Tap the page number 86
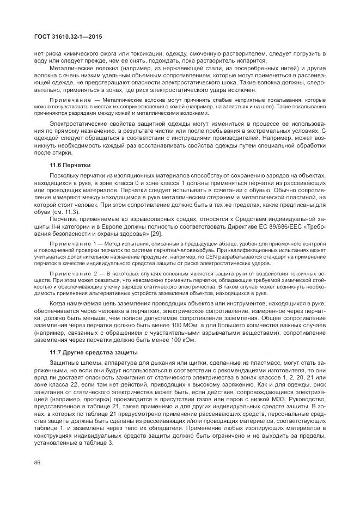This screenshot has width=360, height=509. [38, 463]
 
